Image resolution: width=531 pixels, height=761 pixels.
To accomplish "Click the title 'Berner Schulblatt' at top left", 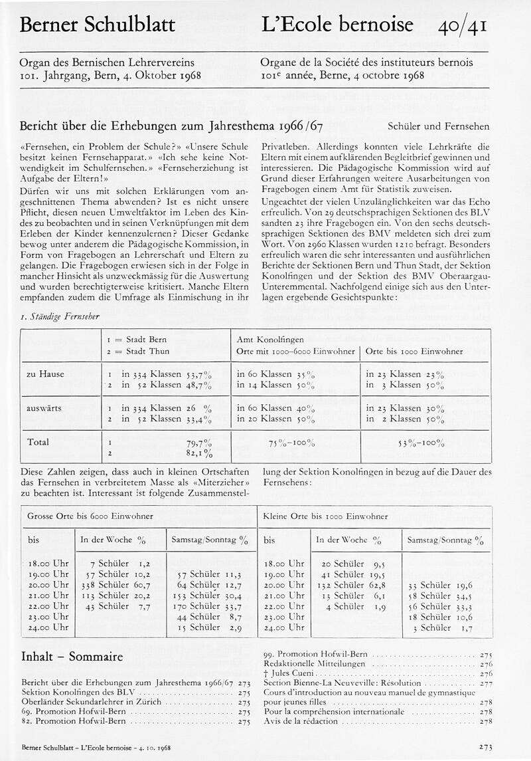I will (x=98, y=26).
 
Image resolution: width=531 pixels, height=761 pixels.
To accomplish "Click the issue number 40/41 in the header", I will (x=463, y=26).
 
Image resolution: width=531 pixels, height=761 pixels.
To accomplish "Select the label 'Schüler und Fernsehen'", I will (x=438, y=126).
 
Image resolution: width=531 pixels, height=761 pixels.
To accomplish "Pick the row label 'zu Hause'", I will (x=45, y=374).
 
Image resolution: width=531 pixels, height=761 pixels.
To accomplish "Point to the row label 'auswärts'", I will (x=44, y=407).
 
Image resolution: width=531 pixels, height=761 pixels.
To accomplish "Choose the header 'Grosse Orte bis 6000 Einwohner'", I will (x=90, y=516).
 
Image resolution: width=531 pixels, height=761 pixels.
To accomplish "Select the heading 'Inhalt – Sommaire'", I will (x=72, y=657).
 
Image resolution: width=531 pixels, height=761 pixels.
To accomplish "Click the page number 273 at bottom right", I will (x=485, y=747).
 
